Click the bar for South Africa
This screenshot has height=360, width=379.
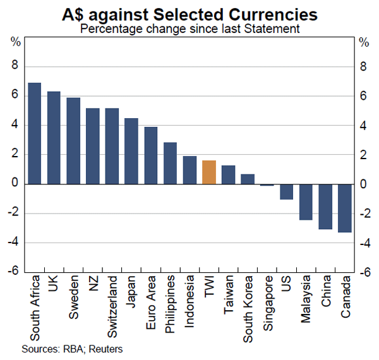point(35,133)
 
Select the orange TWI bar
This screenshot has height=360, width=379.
point(209,172)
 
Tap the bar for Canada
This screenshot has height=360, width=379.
point(345,208)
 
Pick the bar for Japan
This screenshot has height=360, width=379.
point(131,151)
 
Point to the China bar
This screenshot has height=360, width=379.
point(325,207)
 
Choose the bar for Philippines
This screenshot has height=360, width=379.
point(171,163)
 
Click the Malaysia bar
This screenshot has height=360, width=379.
point(306,201)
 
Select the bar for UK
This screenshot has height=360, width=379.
point(54,138)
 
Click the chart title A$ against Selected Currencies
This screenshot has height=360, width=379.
point(189,13)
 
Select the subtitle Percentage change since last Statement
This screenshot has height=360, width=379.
point(189,28)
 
